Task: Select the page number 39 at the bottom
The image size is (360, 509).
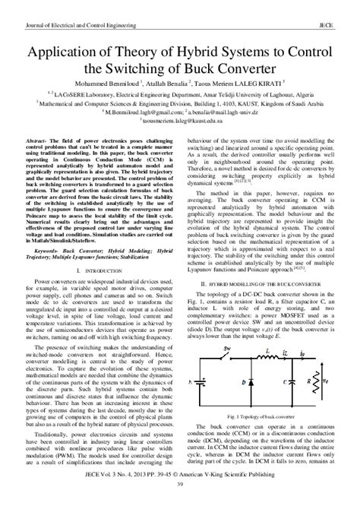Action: pos(180,504)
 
